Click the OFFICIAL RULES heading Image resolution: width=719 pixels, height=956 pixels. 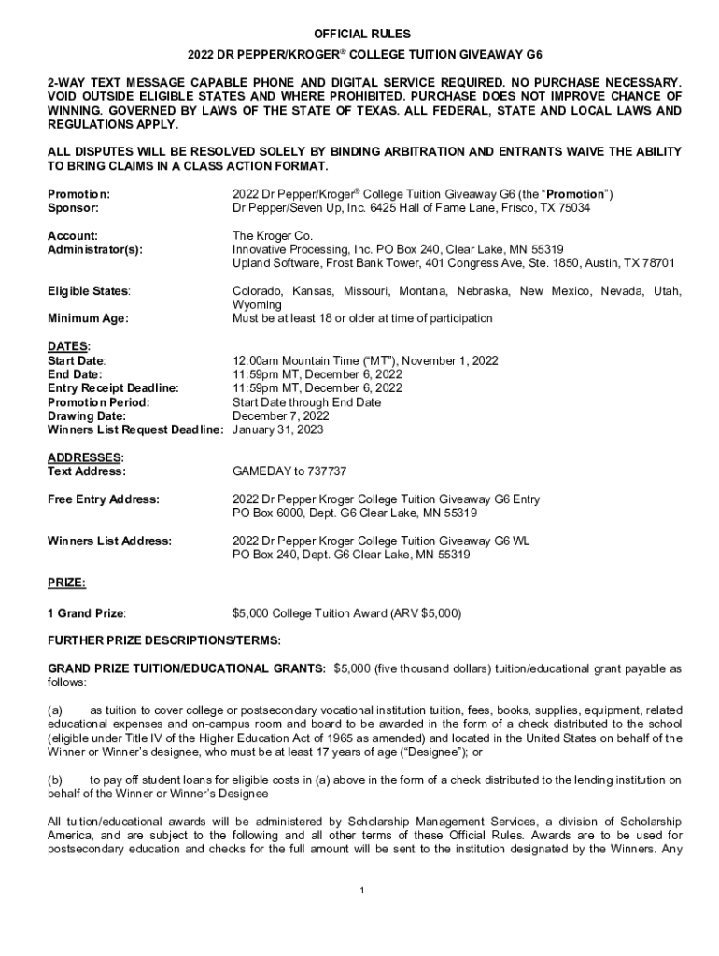pos(359,35)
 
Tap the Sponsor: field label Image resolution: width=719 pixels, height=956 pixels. pos(74,208)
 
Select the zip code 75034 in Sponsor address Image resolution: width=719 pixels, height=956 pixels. pos(572,208)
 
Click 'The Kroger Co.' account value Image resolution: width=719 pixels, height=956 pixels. pos(273,236)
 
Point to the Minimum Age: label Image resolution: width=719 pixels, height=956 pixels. pos(88,318)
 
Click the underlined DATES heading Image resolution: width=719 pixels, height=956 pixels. pos(67,346)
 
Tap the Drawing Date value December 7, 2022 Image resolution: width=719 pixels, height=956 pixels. pos(280,415)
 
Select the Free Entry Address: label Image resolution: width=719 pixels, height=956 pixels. pos(103,499)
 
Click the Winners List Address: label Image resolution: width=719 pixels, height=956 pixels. pos(109,541)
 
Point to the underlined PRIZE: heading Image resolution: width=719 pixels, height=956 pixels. pos(66,583)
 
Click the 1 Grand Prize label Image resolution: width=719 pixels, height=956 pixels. pos(86,613)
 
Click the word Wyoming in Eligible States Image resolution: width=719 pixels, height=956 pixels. pos(257,305)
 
